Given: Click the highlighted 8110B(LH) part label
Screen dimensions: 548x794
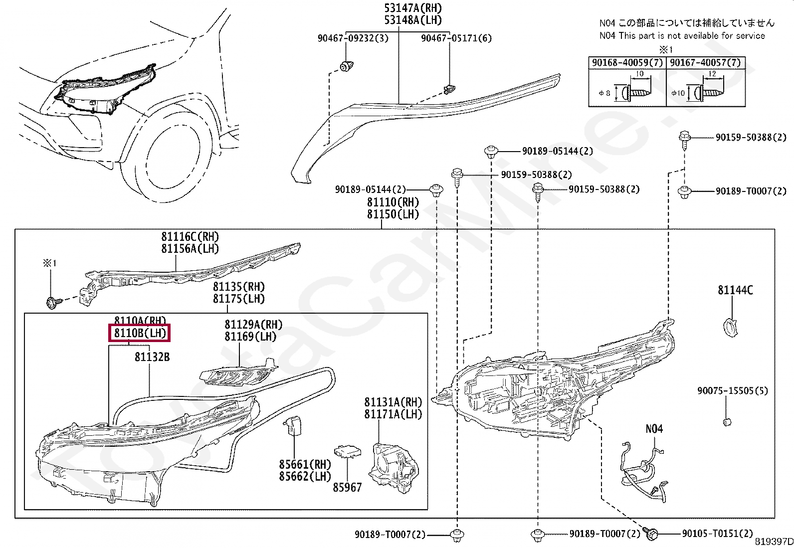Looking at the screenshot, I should pos(139,333).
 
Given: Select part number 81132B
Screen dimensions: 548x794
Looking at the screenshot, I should pos(152,357).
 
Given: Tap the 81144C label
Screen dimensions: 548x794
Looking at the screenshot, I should pos(735,290).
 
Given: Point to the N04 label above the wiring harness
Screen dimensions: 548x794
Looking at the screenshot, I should pos(654,429).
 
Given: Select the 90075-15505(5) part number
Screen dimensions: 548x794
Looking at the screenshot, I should pos(733,390).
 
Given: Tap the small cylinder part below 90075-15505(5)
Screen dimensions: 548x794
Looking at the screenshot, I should pos(727,422).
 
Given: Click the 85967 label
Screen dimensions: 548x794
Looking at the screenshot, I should pos(347,487).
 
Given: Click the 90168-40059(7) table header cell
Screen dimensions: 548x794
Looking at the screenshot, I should pos(627,63).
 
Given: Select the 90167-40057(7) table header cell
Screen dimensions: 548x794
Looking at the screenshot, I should pos(705,63).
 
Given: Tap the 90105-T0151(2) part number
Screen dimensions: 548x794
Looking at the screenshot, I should pos(717,534).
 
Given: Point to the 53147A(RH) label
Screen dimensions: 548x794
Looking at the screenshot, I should pos(413,8).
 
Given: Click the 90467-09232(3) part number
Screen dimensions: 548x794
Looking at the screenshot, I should pos(353,38).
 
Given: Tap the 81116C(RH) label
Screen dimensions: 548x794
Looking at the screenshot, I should pos(190,237).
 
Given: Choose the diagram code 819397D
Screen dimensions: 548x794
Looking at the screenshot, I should pos(773,542).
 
